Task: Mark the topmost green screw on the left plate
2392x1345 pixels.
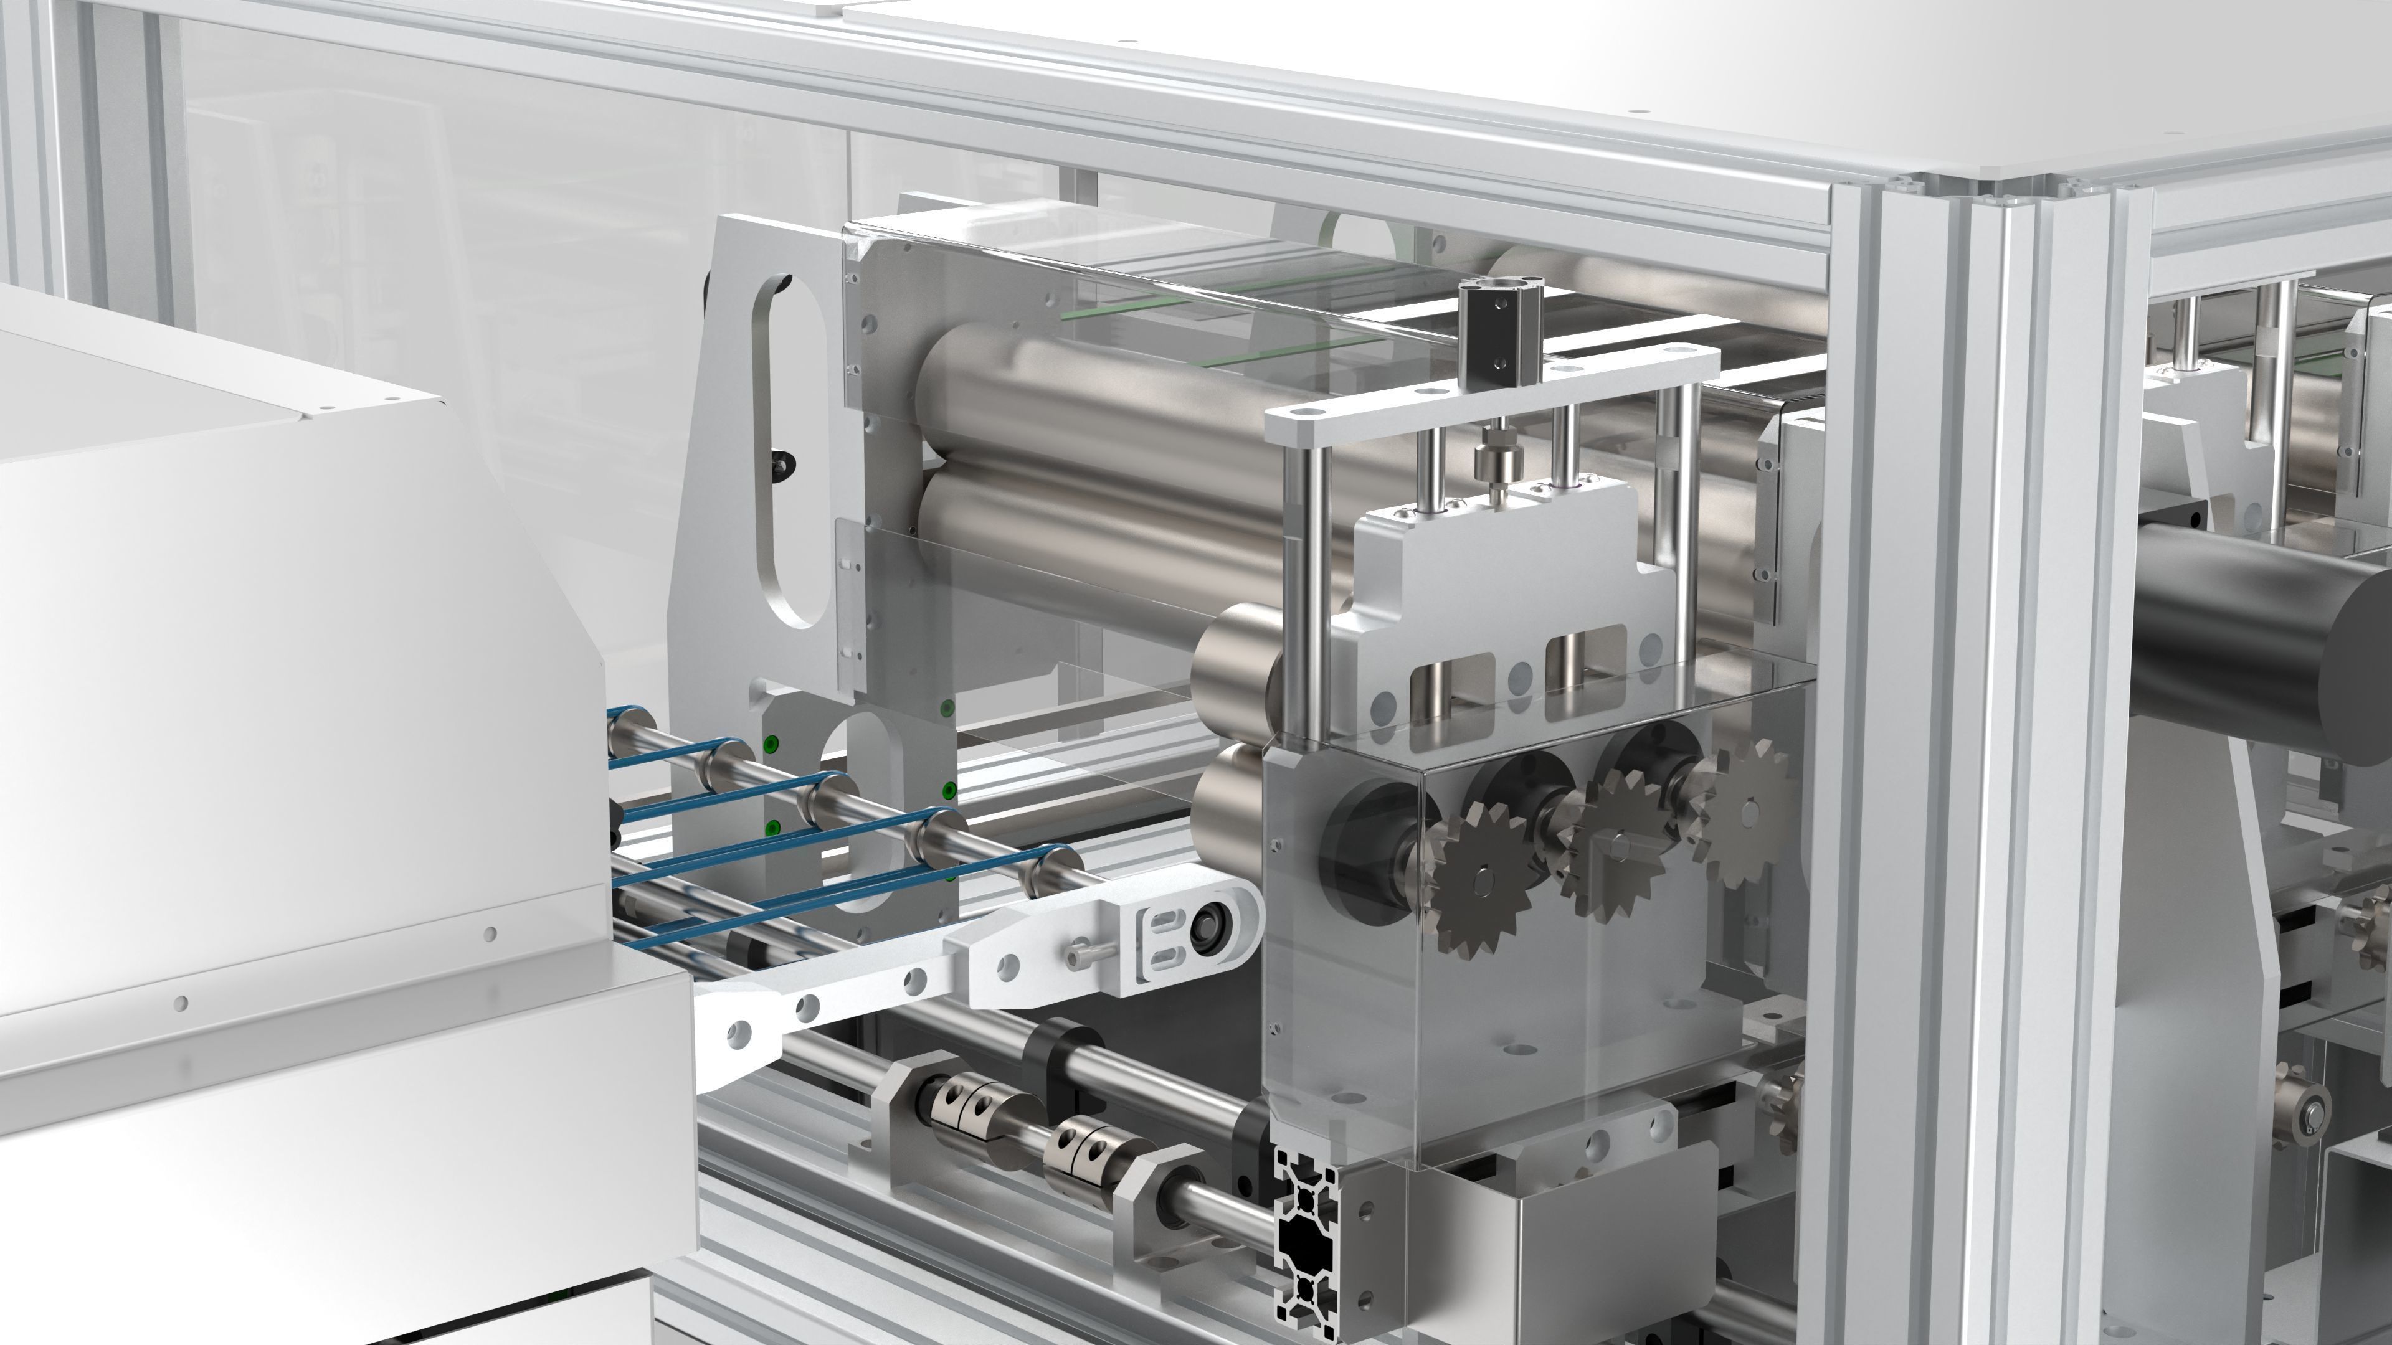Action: pos(946,709)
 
